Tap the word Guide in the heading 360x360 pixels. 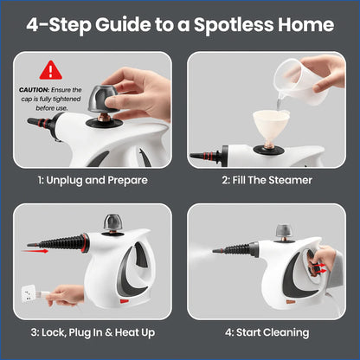pos(131,24)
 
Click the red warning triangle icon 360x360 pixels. pos(51,69)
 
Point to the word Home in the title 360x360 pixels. pos(307,24)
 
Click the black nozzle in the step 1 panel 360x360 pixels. pos(39,122)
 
